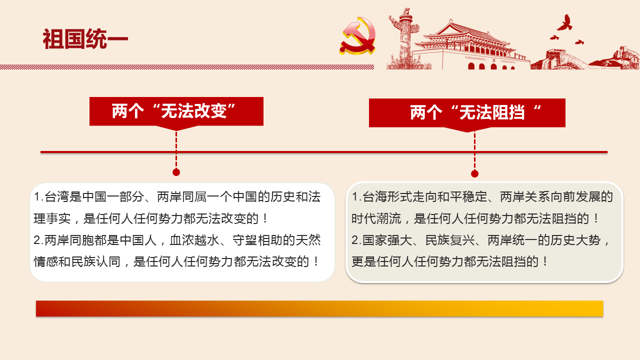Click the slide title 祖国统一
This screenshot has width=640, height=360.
(x=85, y=39)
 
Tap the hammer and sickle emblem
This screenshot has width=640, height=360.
(x=357, y=35)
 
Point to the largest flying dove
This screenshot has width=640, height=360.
(x=565, y=22)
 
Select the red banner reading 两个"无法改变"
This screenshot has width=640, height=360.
(x=176, y=111)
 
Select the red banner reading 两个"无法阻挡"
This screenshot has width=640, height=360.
(x=467, y=113)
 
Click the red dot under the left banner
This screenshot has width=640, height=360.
(x=176, y=172)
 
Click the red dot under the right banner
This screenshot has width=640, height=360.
(x=474, y=173)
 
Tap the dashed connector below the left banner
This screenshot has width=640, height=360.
(x=176, y=149)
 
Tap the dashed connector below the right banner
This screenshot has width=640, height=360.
(x=474, y=151)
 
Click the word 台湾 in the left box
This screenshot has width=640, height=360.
(x=57, y=197)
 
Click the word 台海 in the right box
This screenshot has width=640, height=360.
(x=375, y=197)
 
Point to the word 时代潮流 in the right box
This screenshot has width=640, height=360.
(x=376, y=218)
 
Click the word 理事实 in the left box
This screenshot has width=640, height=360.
(x=52, y=218)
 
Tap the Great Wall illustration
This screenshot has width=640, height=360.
(x=585, y=58)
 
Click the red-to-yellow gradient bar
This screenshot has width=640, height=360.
(x=319, y=308)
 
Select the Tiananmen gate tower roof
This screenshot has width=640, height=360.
(x=463, y=34)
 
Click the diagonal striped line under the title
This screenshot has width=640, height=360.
(x=187, y=67)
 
